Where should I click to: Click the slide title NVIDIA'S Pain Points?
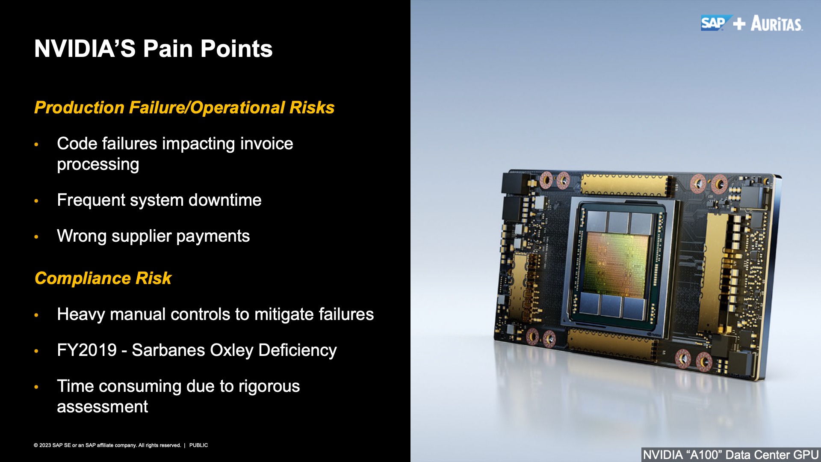[154, 49]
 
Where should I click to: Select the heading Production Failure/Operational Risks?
[184, 108]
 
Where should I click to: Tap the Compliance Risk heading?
[103, 278]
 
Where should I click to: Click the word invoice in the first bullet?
[266, 144]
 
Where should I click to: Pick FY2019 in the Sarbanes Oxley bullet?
[87, 350]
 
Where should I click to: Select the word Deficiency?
[298, 351]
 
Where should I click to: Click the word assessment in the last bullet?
[102, 407]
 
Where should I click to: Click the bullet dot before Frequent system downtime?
[36, 201]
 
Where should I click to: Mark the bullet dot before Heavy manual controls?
[36, 315]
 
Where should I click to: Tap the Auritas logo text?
[777, 24]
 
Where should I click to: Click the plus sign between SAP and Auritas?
[739, 24]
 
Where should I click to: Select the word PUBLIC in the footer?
[198, 445]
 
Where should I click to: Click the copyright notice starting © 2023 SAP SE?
[107, 445]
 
